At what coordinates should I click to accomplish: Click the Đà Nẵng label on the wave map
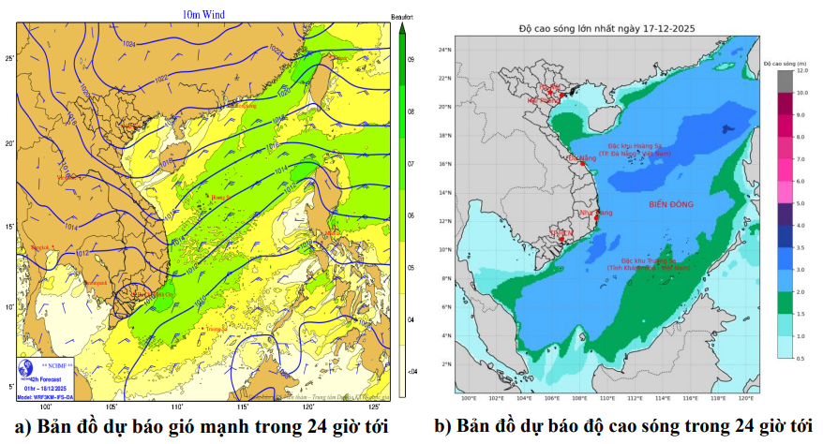point(582,158)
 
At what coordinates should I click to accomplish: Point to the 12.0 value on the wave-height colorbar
point(803,70)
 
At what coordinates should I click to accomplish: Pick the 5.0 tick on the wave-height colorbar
point(802,203)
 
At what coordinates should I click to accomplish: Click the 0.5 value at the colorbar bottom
point(802,358)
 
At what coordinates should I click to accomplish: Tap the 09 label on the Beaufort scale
point(411,60)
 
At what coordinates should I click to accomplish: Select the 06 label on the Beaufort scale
point(411,215)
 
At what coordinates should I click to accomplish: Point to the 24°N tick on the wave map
point(446,49)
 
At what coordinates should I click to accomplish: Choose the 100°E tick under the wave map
point(468,399)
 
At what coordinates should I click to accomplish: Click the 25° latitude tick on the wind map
point(9,59)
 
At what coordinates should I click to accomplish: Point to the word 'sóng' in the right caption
point(660,426)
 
